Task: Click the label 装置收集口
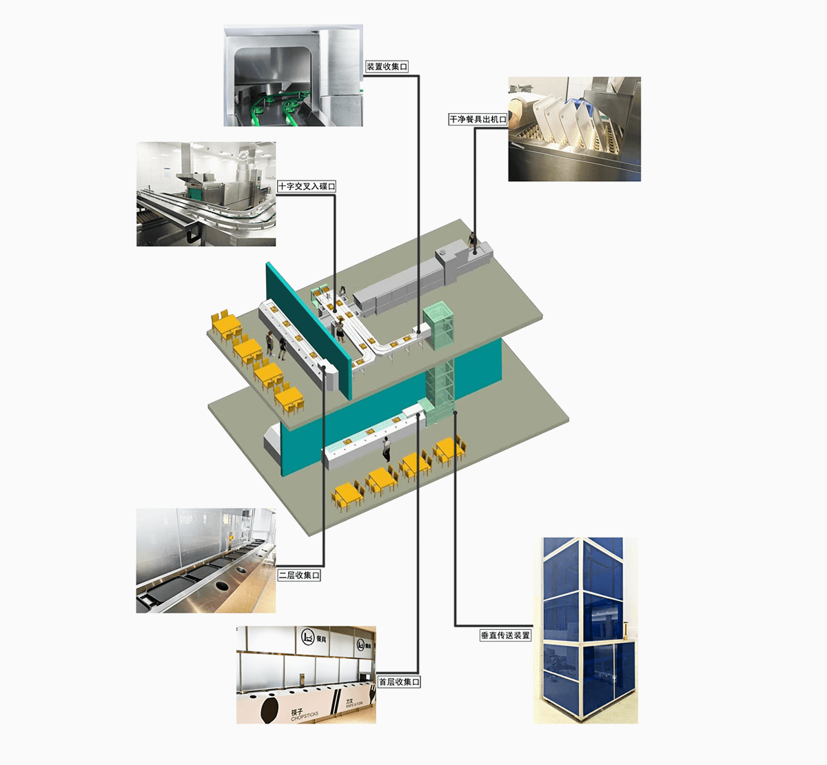[387, 67]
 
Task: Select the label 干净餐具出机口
[478, 119]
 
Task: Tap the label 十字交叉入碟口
[307, 186]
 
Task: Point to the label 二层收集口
[299, 575]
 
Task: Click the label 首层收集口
[399, 682]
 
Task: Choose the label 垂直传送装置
[505, 635]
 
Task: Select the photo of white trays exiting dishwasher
[574, 129]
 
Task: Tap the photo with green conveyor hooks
[293, 76]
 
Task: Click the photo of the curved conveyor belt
[206, 194]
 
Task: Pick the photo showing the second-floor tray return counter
[205, 560]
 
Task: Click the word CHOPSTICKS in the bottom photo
[304, 717]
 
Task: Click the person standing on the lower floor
[387, 448]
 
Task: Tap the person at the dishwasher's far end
[472, 241]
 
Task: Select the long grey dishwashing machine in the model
[400, 286]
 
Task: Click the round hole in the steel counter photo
[224, 585]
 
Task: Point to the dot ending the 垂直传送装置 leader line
[456, 413]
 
